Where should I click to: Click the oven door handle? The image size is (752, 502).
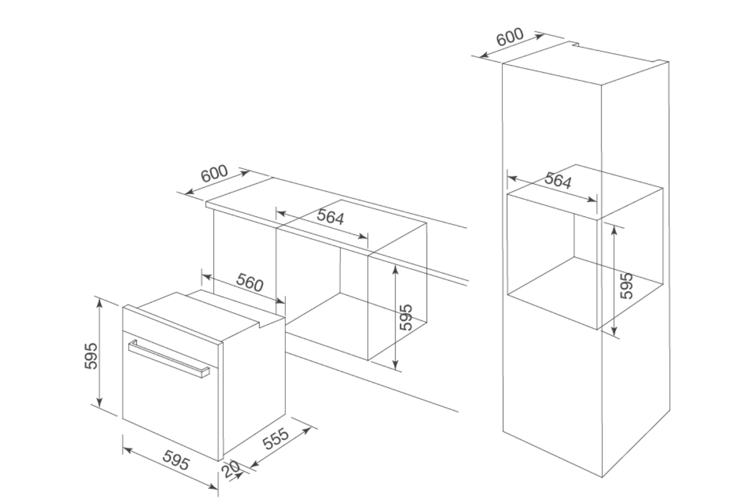click(x=169, y=359)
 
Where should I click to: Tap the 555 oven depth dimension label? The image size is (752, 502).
click(x=276, y=439)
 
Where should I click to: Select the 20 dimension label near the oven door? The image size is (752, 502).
click(x=231, y=469)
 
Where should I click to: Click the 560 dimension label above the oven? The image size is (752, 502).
click(x=250, y=282)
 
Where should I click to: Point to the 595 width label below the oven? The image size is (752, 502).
click(x=176, y=460)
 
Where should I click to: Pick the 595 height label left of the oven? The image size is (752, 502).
click(x=91, y=356)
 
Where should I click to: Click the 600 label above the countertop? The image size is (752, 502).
click(x=214, y=173)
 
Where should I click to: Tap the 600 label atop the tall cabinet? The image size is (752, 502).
click(x=510, y=37)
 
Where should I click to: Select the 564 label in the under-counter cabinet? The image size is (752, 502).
click(x=330, y=216)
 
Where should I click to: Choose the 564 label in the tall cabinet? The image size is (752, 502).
click(x=557, y=180)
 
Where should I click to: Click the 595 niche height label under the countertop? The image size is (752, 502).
click(x=406, y=317)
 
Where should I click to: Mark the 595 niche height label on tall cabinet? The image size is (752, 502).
click(x=627, y=286)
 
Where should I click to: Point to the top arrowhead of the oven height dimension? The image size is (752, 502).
click(x=99, y=302)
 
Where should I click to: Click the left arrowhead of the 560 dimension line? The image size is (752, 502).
click(x=207, y=277)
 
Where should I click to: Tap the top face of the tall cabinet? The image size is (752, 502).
click(x=586, y=64)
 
